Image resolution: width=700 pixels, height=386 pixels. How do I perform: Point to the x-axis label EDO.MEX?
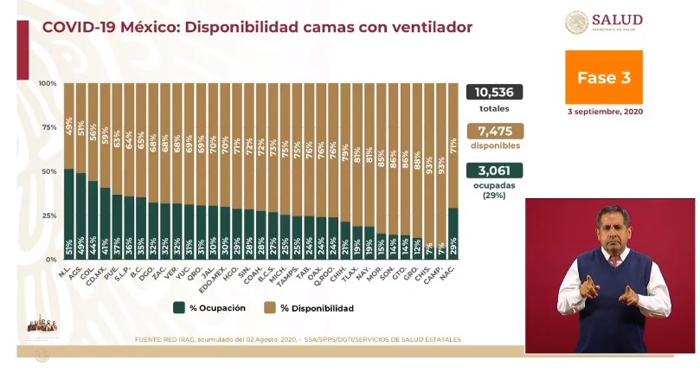point(222,279)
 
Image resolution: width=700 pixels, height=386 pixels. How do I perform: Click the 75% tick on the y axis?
point(48,127)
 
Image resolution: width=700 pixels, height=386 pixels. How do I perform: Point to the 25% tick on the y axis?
point(48,216)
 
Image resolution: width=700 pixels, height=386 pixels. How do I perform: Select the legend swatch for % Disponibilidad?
point(271,307)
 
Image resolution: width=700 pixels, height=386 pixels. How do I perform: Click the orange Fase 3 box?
point(604,77)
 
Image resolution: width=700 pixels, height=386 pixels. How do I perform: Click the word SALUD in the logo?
point(618,19)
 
